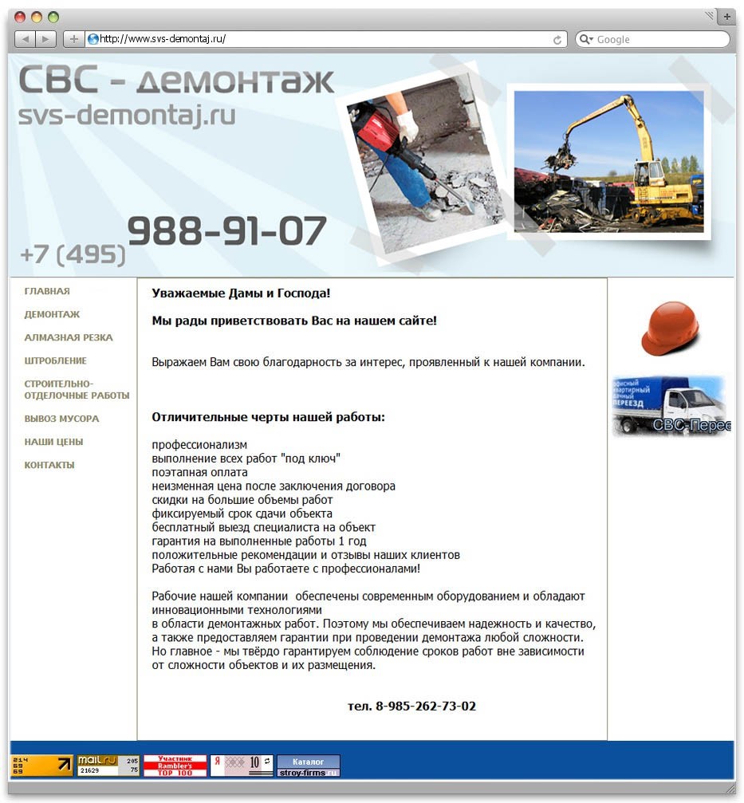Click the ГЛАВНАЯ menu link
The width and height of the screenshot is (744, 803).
[47, 292]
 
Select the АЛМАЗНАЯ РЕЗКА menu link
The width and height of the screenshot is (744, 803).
[69, 338]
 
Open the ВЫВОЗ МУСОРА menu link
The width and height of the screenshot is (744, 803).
[61, 419]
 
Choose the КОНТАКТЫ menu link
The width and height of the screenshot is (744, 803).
[49, 465]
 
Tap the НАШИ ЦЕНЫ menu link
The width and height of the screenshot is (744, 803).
[53, 442]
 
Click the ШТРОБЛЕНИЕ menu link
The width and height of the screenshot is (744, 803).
[55, 361]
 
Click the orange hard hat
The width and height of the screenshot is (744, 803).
[670, 327]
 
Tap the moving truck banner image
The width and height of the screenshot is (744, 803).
[671, 406]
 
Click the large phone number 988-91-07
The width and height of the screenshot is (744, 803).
[227, 232]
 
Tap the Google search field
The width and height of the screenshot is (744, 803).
[658, 39]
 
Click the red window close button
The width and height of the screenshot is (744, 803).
[20, 17]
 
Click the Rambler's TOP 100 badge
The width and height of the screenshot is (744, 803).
[175, 766]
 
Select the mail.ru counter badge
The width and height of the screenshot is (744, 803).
[108, 766]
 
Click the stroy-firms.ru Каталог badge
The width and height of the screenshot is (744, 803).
[308, 766]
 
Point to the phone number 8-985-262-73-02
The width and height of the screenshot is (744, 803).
[411, 707]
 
